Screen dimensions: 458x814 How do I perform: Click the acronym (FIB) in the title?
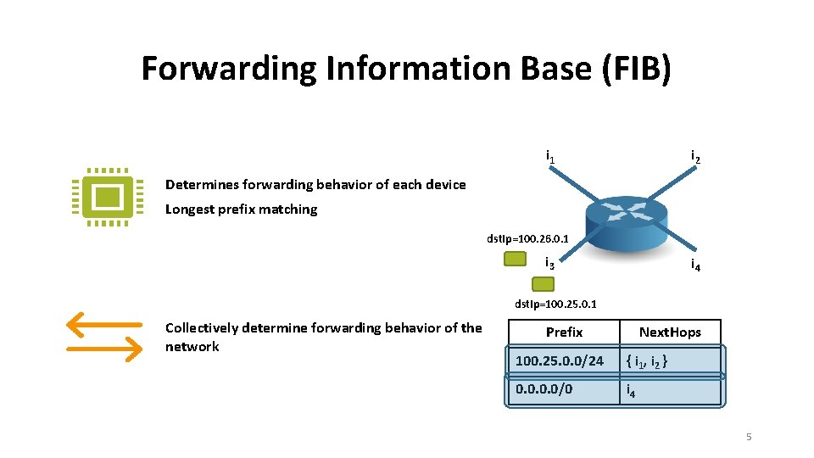click(636, 69)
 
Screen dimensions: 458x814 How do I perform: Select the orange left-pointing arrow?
click(103, 324)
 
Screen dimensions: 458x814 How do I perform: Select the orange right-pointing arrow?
click(103, 348)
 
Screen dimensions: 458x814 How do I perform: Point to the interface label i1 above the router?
click(550, 157)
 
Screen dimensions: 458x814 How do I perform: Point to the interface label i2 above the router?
click(695, 157)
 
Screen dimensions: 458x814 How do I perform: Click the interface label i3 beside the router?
click(549, 263)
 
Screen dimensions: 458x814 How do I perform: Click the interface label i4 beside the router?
click(695, 265)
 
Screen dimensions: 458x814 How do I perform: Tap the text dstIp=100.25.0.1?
click(556, 303)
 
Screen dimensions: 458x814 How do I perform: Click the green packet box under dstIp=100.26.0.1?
click(515, 260)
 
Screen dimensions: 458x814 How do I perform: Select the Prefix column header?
click(564, 332)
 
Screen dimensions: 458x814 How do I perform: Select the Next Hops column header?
click(670, 332)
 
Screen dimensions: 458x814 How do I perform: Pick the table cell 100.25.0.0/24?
click(560, 361)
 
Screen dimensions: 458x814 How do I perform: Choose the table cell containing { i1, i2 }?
click(670, 361)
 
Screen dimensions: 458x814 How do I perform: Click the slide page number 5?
click(749, 437)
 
